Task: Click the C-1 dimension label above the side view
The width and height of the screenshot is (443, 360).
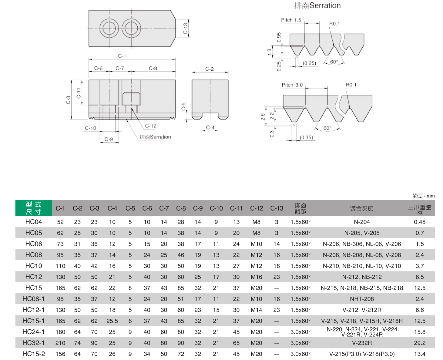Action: coord(122,56)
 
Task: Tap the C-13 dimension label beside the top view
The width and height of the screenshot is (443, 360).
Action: coord(185,28)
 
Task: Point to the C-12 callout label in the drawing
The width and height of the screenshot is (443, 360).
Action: coord(151,126)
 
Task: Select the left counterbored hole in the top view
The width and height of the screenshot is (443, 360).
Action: coord(109,28)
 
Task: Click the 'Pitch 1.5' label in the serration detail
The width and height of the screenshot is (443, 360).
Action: coord(291,20)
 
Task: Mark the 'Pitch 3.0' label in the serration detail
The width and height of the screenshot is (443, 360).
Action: coord(292,85)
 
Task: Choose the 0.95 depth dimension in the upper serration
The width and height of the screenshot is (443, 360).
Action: coord(279,37)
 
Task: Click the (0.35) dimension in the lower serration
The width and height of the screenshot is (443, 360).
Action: coord(306,137)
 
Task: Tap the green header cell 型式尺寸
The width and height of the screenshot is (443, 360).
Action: coord(33,208)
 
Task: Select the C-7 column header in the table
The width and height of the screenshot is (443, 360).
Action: coord(164,208)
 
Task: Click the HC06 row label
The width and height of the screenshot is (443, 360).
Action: coord(33,244)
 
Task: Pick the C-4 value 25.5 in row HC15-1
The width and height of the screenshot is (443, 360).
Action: coord(112,321)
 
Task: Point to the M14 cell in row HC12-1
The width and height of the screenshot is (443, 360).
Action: coord(256,310)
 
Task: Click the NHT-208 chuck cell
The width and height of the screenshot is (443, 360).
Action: coord(362,299)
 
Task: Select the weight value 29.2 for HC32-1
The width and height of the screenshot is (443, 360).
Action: coord(419,343)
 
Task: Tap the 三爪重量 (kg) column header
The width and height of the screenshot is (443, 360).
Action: coord(419,209)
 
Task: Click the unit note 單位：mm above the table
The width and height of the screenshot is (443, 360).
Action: coord(423,196)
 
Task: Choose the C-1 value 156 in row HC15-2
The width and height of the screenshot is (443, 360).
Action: coord(60,354)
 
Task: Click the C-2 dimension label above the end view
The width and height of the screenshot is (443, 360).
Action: coord(210,69)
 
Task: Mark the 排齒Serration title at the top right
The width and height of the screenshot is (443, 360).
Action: coord(317,6)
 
